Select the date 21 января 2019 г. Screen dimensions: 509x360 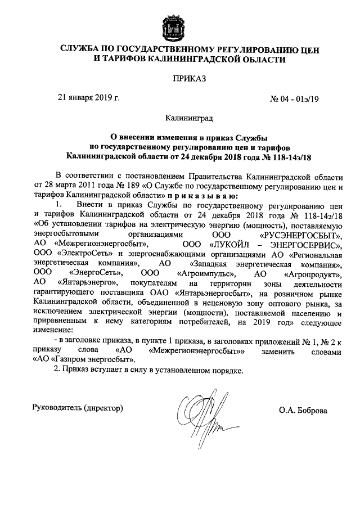tap(89, 97)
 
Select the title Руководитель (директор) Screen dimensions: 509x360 tap(78, 407)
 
